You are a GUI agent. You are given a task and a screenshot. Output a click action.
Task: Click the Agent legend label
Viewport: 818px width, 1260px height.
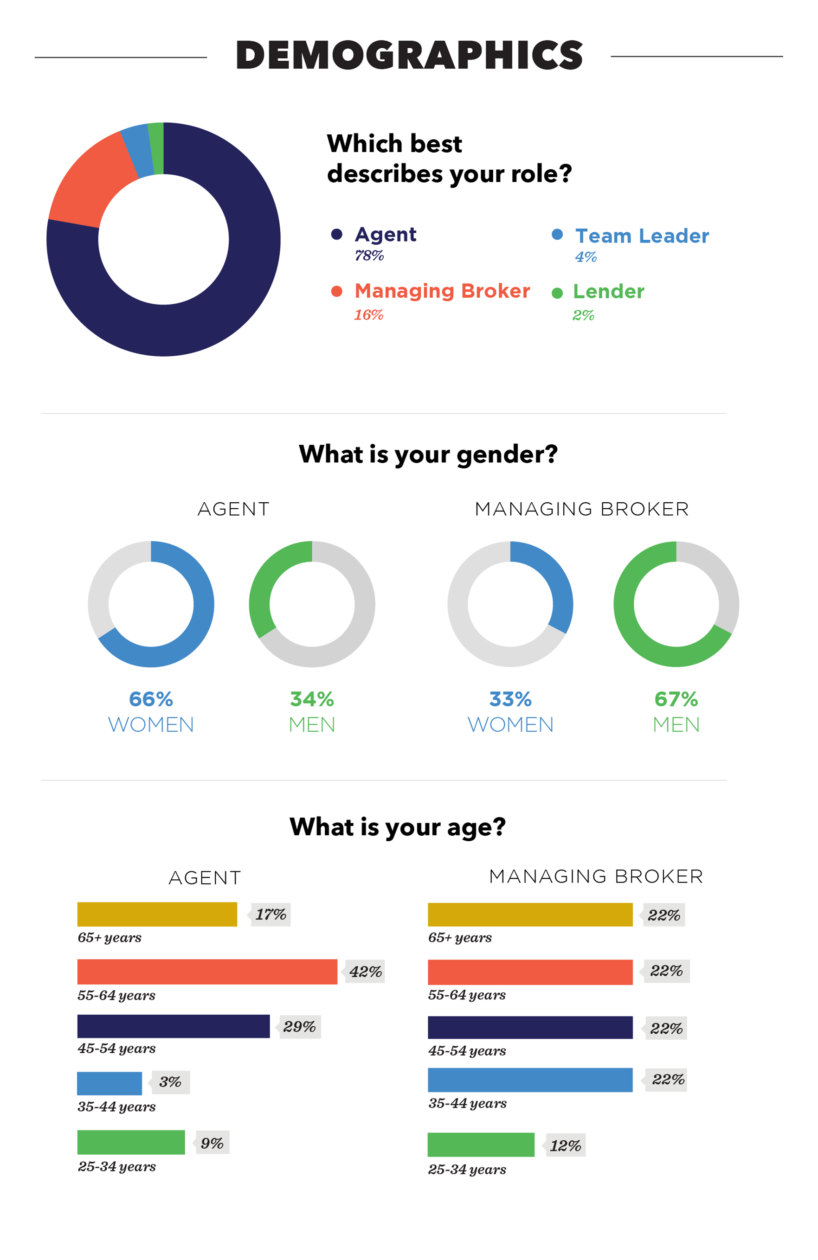(385, 235)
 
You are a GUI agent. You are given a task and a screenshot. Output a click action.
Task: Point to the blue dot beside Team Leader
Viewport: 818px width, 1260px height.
(557, 235)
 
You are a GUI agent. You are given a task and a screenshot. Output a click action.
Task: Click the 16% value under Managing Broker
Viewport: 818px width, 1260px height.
(368, 315)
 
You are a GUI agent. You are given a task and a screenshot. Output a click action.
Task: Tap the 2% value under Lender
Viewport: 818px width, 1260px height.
(583, 315)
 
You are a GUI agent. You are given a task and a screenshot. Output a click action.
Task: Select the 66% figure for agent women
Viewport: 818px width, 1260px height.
(151, 699)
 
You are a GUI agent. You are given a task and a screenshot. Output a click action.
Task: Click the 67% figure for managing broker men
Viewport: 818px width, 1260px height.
(676, 699)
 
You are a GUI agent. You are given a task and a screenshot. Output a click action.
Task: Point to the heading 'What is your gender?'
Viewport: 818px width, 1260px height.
(428, 454)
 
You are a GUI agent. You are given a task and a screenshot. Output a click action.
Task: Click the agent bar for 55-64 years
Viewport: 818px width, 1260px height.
(207, 972)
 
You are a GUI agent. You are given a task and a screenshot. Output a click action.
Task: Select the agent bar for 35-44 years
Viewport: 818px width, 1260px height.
(109, 1083)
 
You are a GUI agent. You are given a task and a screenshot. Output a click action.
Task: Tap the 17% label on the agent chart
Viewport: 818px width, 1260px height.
(270, 915)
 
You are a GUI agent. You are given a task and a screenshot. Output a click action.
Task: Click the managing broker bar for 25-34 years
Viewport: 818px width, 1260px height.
(481, 1145)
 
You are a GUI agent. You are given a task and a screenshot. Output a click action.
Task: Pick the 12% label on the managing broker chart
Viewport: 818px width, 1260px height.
(565, 1145)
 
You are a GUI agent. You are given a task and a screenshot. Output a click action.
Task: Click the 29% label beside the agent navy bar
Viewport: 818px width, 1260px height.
(299, 1027)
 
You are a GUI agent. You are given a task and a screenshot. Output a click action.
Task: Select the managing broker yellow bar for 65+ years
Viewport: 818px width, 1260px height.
(530, 915)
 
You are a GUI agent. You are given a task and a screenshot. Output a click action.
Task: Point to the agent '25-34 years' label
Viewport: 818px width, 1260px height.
(116, 1166)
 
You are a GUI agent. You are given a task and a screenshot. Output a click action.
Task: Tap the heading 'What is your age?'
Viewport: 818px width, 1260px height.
(397, 827)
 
